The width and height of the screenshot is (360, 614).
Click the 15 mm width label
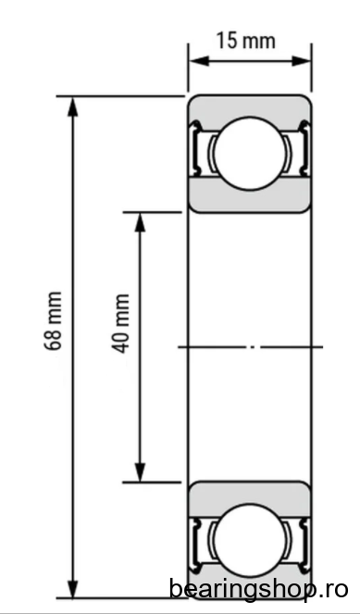(246, 41)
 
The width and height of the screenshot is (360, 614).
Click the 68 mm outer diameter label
(54, 320)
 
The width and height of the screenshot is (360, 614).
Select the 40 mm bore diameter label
(121, 323)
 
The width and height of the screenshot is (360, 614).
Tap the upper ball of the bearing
(250, 154)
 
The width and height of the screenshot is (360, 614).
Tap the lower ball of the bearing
(249, 540)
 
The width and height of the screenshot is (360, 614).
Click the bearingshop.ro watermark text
(258, 589)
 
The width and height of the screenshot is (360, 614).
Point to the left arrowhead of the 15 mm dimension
(199, 61)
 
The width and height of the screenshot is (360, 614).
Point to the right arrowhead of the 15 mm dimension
(302, 61)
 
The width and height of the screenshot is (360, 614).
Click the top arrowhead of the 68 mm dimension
(73, 107)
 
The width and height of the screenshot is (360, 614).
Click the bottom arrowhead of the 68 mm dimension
(73, 588)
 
